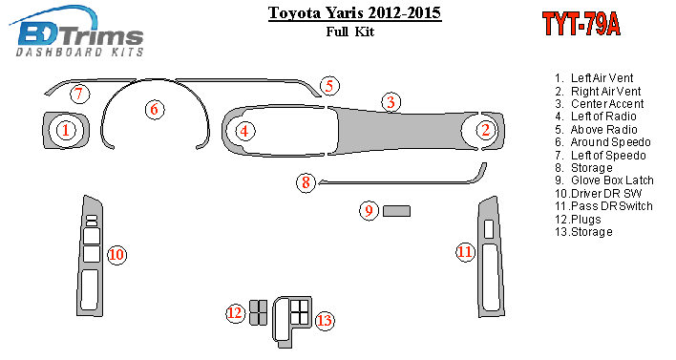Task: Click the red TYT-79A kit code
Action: click(x=581, y=24)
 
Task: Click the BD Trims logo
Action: click(x=76, y=32)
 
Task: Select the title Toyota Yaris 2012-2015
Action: click(x=354, y=13)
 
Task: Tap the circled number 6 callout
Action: click(x=155, y=109)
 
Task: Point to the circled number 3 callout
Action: click(x=391, y=102)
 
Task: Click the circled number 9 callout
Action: click(x=370, y=210)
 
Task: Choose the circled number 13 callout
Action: click(x=325, y=320)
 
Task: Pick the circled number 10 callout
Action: click(x=116, y=255)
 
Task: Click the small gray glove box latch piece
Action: click(x=396, y=211)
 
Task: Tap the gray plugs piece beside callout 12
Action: click(x=258, y=312)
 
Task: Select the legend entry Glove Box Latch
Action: click(x=612, y=180)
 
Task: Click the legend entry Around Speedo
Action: click(x=610, y=142)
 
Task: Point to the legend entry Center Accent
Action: click(x=607, y=104)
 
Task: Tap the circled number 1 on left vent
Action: click(x=66, y=130)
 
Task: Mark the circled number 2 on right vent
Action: click(x=486, y=130)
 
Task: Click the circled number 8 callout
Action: click(x=306, y=182)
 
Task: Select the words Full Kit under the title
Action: click(x=350, y=32)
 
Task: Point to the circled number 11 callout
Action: click(x=465, y=252)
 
